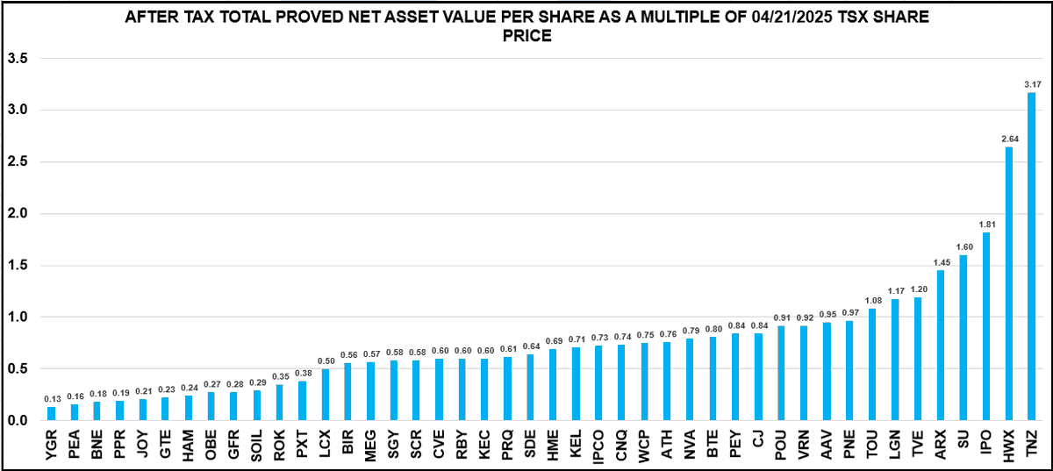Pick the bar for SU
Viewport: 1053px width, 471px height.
click(x=963, y=338)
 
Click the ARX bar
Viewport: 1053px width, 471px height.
click(x=940, y=346)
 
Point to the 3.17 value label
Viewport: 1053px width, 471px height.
click(x=1031, y=84)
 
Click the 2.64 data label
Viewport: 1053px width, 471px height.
click(x=1008, y=139)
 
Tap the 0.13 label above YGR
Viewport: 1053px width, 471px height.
click(x=51, y=398)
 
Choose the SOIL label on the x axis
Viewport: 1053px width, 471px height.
click(x=256, y=434)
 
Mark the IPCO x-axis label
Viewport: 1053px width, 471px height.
click(x=598, y=434)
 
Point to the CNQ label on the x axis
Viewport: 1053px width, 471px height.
click(x=620, y=434)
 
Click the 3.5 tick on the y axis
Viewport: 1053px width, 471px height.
click(x=18, y=58)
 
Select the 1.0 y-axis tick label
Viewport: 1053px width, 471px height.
click(x=18, y=317)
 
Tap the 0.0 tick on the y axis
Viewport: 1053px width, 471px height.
click(x=18, y=420)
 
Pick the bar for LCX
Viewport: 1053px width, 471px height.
click(x=325, y=395)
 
